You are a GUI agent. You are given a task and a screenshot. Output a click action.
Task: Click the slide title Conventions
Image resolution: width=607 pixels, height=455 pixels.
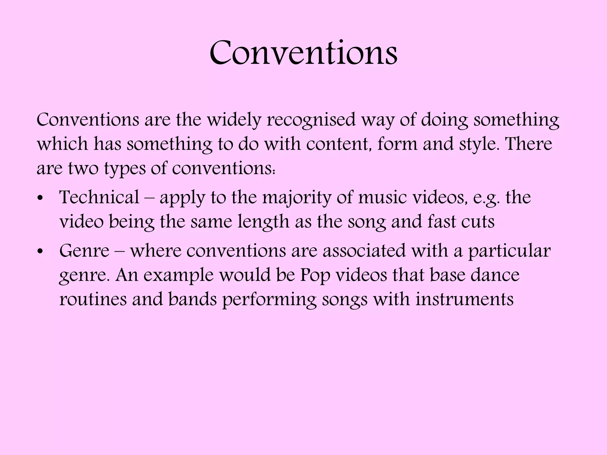(x=303, y=53)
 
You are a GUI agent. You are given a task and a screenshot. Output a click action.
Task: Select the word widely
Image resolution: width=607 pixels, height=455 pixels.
(x=234, y=120)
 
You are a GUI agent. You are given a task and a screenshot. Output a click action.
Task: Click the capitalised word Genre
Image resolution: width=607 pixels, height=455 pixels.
(x=84, y=251)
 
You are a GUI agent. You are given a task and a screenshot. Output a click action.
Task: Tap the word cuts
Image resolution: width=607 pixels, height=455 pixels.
(x=477, y=222)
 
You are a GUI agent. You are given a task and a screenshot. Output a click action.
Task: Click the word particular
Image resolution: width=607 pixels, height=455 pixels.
(x=509, y=251)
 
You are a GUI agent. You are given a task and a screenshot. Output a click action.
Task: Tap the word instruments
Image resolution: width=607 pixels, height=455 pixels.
(x=464, y=299)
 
